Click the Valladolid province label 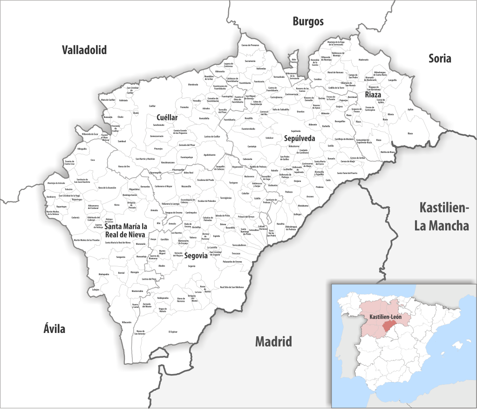(84, 50)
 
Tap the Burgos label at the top (308, 21)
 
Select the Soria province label (440, 58)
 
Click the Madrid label (273, 341)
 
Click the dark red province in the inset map (388, 327)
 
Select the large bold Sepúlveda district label (300, 139)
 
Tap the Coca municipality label (93, 160)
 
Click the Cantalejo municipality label (252, 146)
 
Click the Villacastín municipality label (126, 322)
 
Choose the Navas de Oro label (124, 166)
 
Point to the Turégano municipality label (233, 182)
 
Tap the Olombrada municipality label (193, 84)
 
